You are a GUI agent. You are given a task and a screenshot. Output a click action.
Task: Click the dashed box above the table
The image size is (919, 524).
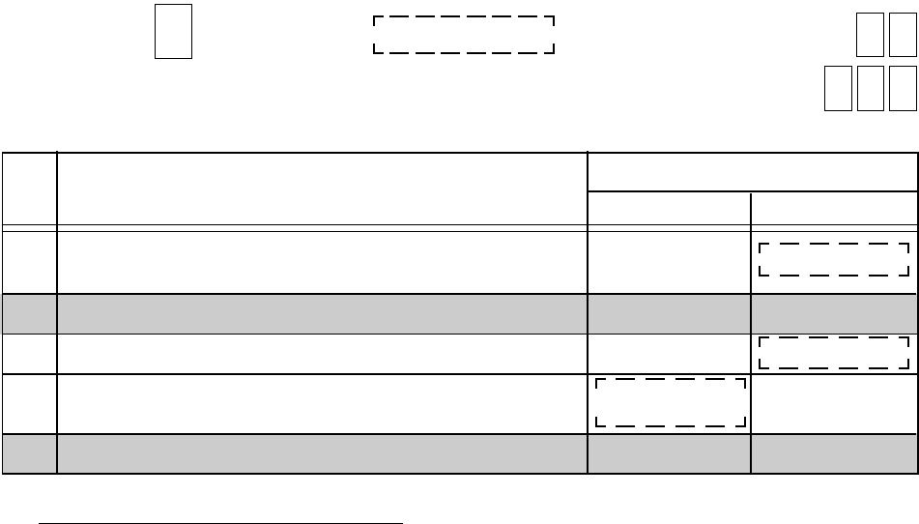click(x=463, y=35)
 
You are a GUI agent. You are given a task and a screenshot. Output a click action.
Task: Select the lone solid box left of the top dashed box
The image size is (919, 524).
click(x=173, y=31)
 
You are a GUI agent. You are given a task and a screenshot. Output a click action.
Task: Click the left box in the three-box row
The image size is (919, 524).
click(x=838, y=89)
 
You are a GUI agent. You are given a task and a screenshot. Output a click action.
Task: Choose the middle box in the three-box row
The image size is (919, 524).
click(x=870, y=89)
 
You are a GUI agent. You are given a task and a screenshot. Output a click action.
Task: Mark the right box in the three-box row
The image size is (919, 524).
click(x=903, y=89)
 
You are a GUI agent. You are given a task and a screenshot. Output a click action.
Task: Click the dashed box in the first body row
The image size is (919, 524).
click(x=833, y=260)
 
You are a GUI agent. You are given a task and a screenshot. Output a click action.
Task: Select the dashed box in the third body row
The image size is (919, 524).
click(x=833, y=353)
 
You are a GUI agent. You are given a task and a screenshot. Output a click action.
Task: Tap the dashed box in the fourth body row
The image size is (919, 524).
click(x=671, y=402)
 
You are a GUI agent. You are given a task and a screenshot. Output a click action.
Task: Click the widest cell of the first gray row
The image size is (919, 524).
click(x=322, y=314)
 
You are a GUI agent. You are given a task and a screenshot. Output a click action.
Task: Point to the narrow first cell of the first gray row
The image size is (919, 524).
click(x=29, y=314)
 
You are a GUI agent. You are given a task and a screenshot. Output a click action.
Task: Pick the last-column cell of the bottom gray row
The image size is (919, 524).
click(x=833, y=453)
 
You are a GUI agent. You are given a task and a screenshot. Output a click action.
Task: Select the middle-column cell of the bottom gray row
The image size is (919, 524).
click(x=669, y=453)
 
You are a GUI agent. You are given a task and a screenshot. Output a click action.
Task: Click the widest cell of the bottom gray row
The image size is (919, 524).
click(x=322, y=453)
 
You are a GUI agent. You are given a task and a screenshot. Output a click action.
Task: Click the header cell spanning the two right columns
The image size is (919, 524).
click(x=752, y=172)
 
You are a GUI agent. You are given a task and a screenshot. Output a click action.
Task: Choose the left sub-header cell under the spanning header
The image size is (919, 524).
click(x=669, y=210)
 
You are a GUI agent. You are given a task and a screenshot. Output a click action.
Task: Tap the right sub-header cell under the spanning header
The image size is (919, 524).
click(x=833, y=210)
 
